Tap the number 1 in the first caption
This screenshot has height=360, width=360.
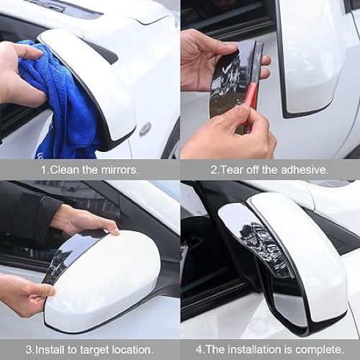click(43, 170)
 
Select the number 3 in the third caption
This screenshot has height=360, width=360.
click(30, 348)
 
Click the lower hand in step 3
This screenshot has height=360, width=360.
click(25, 295)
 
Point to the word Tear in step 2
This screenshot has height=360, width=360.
click(231, 170)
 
